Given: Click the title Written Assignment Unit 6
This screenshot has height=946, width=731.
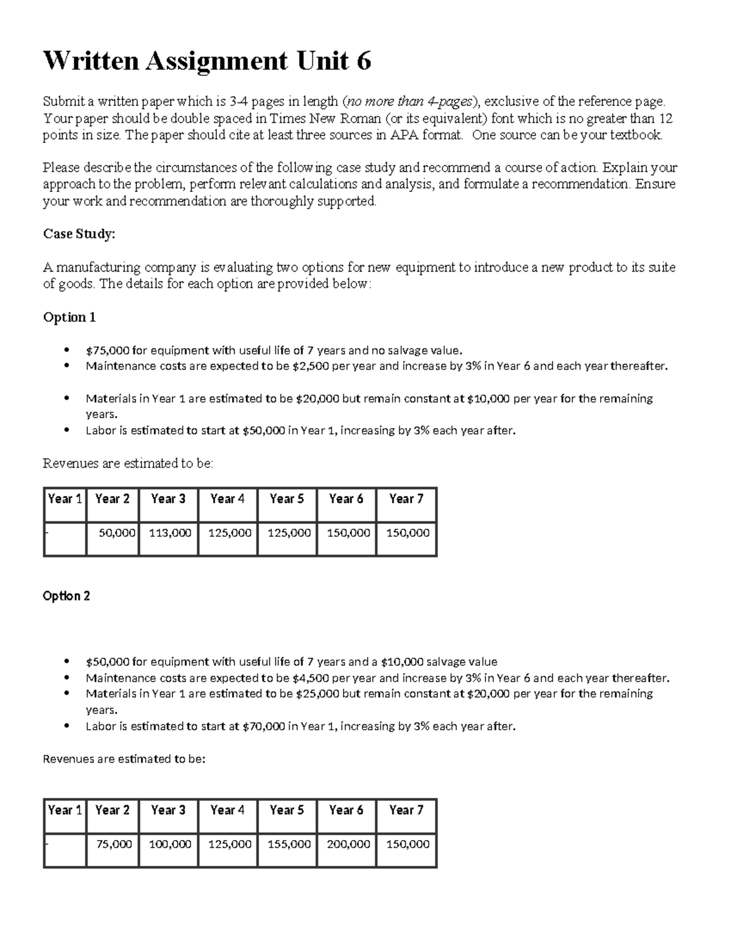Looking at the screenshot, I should click(x=207, y=61).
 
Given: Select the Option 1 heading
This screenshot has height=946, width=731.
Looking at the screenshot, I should click(x=69, y=317).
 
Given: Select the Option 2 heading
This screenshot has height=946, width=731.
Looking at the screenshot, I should click(x=66, y=596).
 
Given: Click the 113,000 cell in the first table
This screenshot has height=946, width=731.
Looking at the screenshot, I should click(x=169, y=533).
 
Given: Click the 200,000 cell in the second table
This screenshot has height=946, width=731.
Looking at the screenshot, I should click(x=348, y=844).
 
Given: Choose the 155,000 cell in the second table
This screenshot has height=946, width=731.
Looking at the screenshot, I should click(x=289, y=844).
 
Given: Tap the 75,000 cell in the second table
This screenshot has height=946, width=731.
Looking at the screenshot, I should click(x=114, y=844).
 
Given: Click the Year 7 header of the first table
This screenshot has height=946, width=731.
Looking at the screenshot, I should click(x=406, y=499).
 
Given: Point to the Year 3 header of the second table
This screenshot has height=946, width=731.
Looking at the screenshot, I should click(x=168, y=810).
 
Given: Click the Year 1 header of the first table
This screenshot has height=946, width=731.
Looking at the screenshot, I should click(x=65, y=499).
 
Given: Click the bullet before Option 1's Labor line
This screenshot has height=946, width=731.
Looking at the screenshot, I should click(x=66, y=431).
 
